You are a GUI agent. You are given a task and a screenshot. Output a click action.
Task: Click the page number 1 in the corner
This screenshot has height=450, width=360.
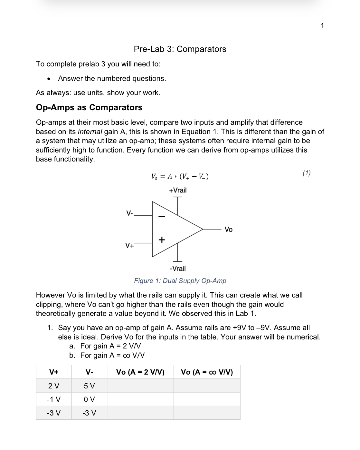(322, 25)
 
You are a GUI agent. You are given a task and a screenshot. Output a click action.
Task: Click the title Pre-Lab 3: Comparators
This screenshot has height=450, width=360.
(180, 49)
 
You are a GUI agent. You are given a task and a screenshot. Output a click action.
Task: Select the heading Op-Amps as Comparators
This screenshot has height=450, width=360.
(89, 107)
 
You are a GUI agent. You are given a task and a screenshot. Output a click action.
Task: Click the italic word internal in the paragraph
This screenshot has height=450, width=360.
(90, 132)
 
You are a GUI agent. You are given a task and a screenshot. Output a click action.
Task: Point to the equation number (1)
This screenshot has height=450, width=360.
(307, 173)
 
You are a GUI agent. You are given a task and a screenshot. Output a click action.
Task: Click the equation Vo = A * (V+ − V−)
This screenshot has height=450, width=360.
(180, 176)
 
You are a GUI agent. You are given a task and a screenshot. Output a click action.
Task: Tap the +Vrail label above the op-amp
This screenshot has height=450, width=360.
(178, 190)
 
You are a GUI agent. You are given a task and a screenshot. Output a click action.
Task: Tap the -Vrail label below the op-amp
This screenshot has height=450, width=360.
(178, 269)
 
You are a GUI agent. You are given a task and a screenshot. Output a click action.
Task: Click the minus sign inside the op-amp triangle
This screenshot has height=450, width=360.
(162, 216)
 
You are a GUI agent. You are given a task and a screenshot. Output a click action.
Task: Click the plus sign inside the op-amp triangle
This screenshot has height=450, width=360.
(162, 240)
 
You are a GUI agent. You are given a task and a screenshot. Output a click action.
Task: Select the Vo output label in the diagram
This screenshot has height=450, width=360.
(228, 230)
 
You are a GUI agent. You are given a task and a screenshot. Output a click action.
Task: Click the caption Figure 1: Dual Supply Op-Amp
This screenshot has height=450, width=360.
(180, 281)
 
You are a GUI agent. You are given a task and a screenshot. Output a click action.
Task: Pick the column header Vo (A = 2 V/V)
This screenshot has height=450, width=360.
(140, 372)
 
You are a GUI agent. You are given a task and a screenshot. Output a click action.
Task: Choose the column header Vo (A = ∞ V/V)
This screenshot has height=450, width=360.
(207, 372)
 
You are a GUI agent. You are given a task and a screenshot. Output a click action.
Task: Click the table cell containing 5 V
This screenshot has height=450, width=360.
(89, 386)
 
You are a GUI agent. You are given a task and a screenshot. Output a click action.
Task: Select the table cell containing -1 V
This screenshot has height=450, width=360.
(53, 399)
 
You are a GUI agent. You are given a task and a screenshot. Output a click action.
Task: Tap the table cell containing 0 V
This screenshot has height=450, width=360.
(89, 399)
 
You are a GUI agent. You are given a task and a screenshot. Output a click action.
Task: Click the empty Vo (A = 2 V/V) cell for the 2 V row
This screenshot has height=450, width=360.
(140, 386)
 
